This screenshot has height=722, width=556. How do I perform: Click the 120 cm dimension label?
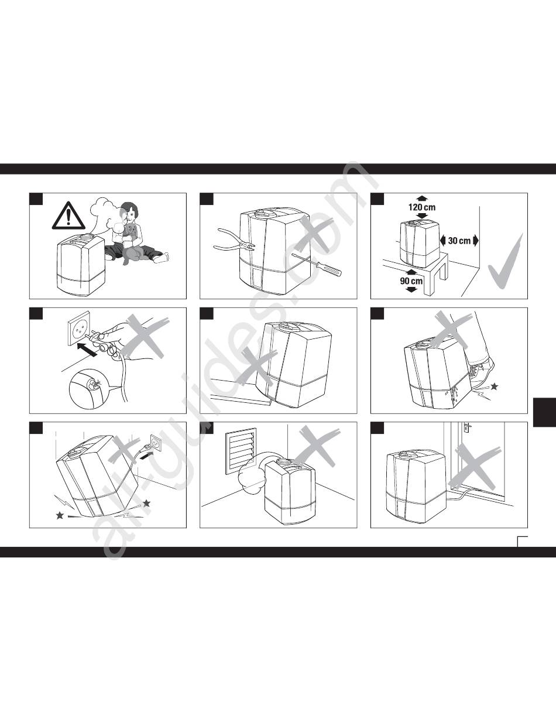422,207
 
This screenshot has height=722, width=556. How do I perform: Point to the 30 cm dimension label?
459,241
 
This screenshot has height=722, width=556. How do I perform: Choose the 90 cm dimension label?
411,281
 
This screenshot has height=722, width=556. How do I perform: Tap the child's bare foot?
161,258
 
